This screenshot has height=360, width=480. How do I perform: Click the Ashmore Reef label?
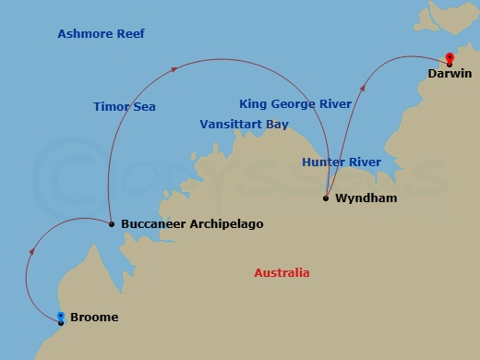click(x=101, y=34)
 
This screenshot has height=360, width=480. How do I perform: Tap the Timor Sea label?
click(x=125, y=107)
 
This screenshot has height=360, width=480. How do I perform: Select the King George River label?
click(x=294, y=104)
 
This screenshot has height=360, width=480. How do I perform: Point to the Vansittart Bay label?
click(x=244, y=124)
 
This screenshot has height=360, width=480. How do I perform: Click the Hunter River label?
click(x=341, y=162)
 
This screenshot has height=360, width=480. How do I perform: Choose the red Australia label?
click(x=282, y=273)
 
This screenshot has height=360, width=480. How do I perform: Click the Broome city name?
click(x=94, y=318)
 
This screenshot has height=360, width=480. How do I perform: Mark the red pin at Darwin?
click(x=450, y=58)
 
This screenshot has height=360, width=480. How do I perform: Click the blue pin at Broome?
click(x=61, y=318)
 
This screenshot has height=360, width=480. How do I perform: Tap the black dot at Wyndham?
click(x=326, y=198)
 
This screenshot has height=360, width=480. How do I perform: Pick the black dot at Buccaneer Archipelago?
click(x=111, y=223)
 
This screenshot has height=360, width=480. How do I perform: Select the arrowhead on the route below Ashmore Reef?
click(x=174, y=67)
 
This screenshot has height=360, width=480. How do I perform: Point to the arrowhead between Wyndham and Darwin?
click(x=362, y=90)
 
